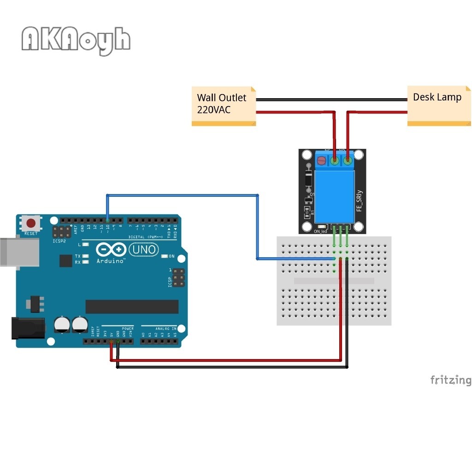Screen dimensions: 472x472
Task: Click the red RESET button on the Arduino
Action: (31, 224)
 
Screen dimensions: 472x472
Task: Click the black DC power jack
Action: (27, 328)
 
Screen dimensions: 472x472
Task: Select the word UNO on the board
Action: (144, 250)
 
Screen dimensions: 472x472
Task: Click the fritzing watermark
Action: (451, 380)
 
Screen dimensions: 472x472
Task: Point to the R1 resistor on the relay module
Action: (307, 212)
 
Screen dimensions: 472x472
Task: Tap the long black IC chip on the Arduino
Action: (132, 307)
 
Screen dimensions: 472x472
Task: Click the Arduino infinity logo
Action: (111, 250)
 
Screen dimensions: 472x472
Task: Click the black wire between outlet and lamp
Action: (332, 100)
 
